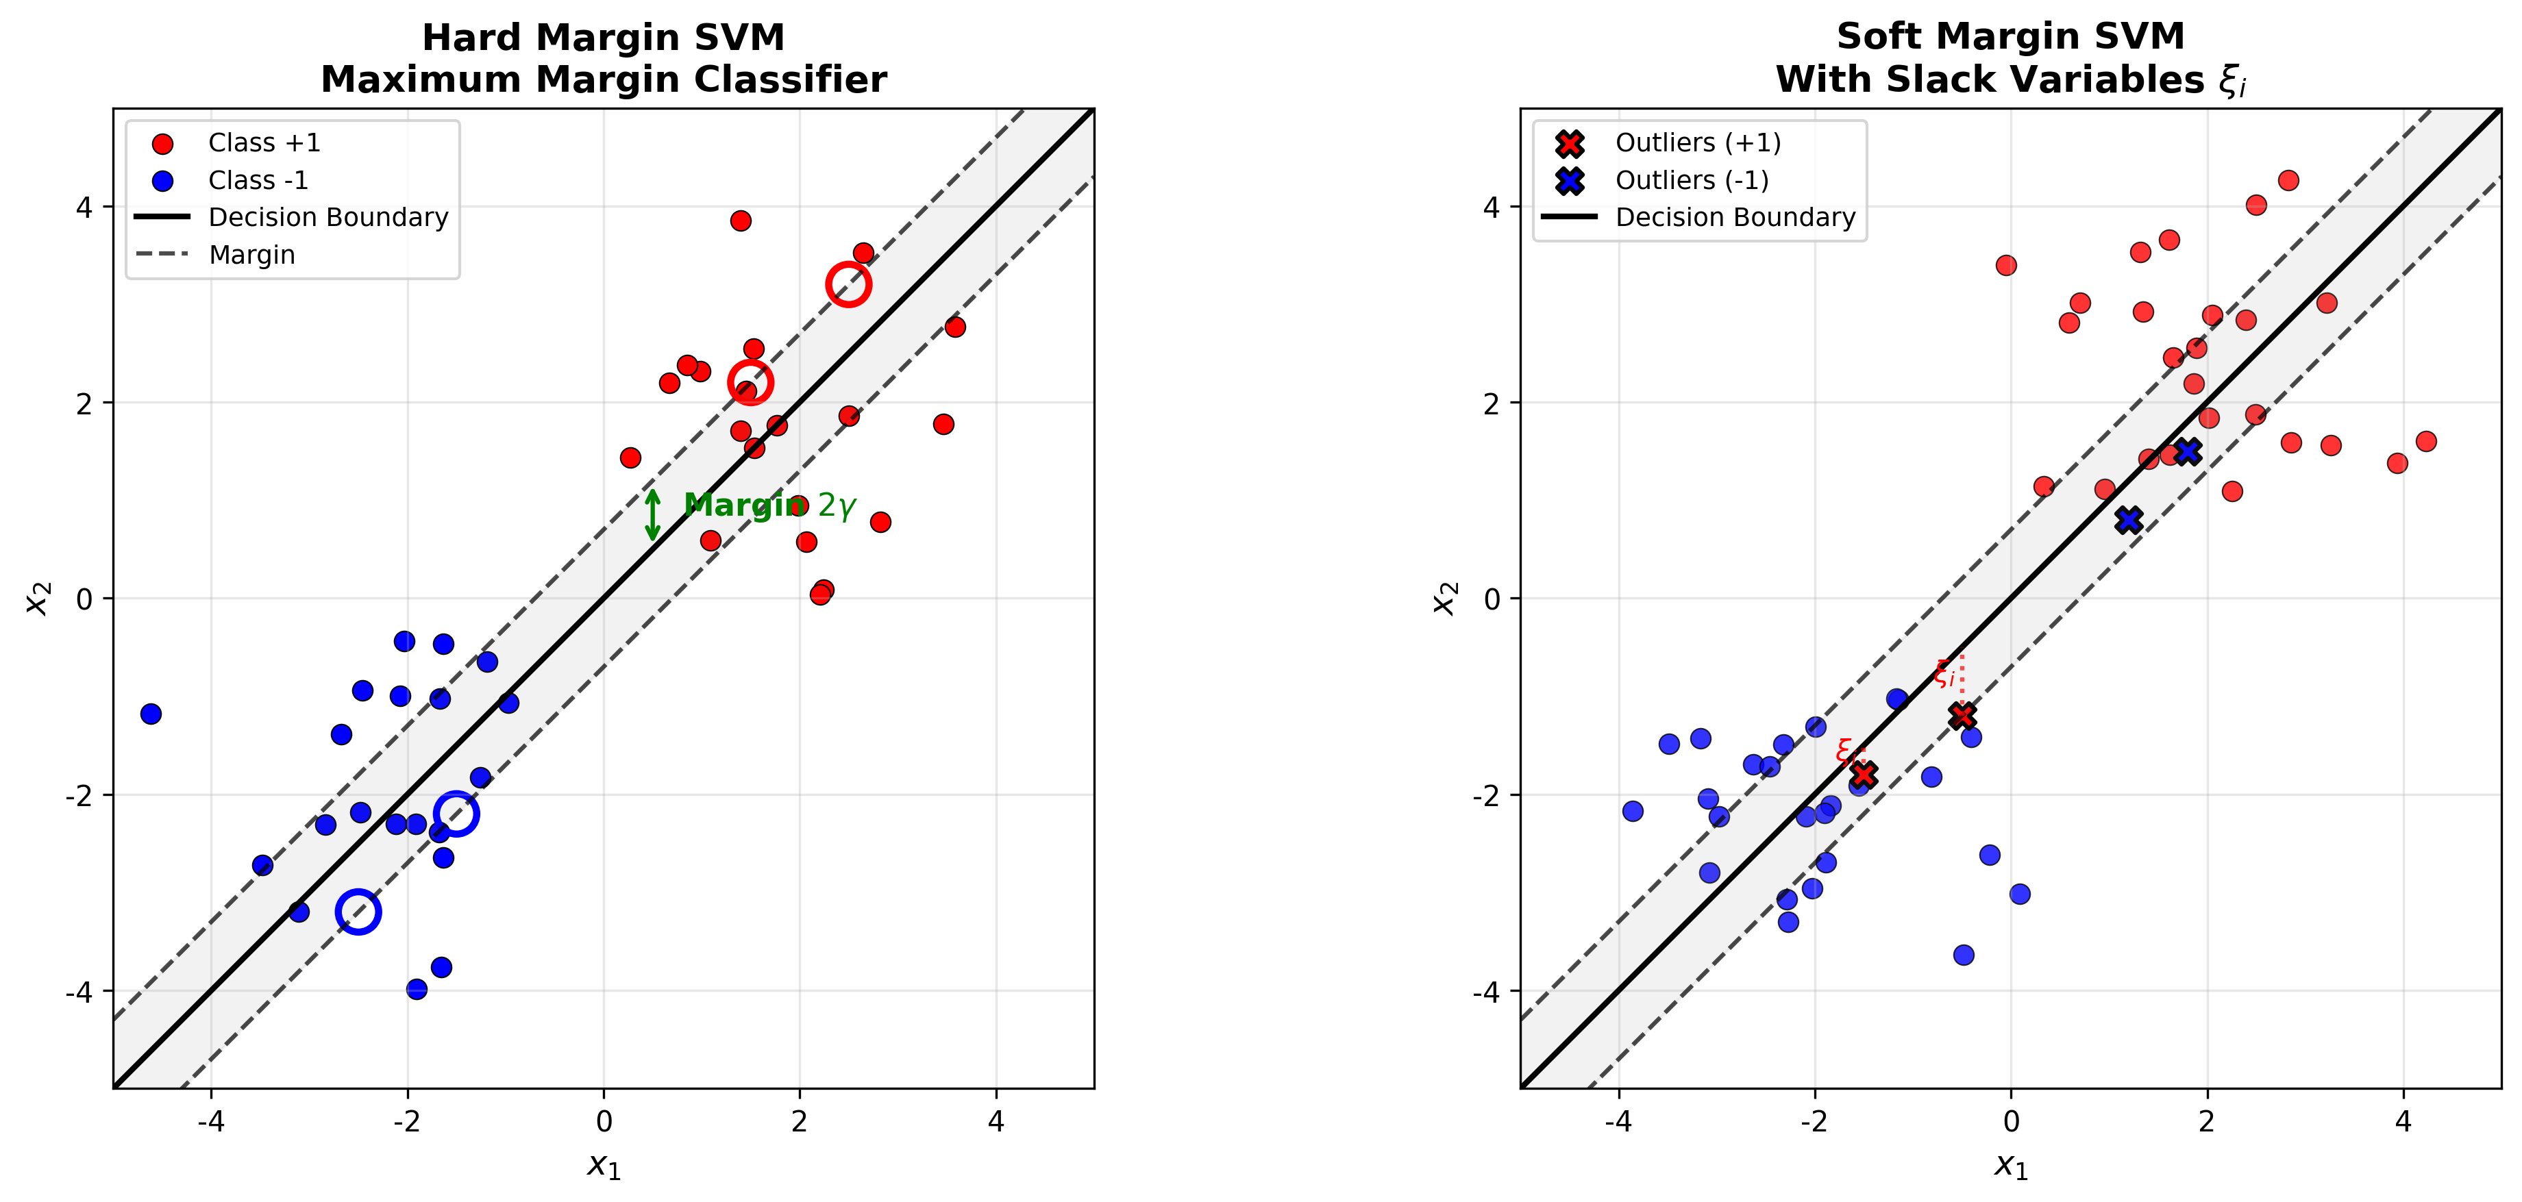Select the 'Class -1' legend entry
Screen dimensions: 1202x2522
click(x=258, y=180)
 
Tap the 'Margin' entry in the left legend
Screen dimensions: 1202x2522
click(x=251, y=255)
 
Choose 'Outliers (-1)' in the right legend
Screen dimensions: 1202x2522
click(x=1691, y=180)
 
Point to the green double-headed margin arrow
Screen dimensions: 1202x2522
click(x=653, y=515)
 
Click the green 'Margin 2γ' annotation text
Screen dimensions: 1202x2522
click(x=769, y=505)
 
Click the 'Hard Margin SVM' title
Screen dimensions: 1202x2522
click(x=603, y=37)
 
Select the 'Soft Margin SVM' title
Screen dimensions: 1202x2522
click(x=2010, y=36)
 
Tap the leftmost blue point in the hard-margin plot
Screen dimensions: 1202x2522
click(x=151, y=714)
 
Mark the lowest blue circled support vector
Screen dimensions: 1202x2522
click(x=358, y=912)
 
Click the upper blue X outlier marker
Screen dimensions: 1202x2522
click(x=2187, y=451)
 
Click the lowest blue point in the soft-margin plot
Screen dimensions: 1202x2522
click(x=1963, y=954)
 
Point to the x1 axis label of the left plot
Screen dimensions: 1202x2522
click(x=603, y=1165)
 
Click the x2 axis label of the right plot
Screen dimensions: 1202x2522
click(x=1444, y=598)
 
